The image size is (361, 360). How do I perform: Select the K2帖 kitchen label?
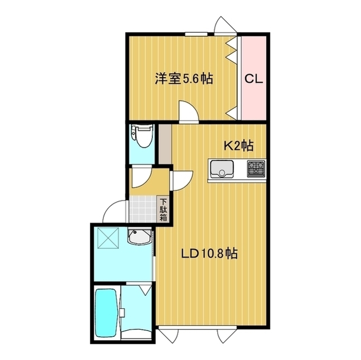tap(238, 146)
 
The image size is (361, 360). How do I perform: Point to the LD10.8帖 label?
tap(209, 254)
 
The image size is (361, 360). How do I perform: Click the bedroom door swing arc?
tap(188, 110)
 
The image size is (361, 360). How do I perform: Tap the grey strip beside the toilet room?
tap(164, 143)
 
